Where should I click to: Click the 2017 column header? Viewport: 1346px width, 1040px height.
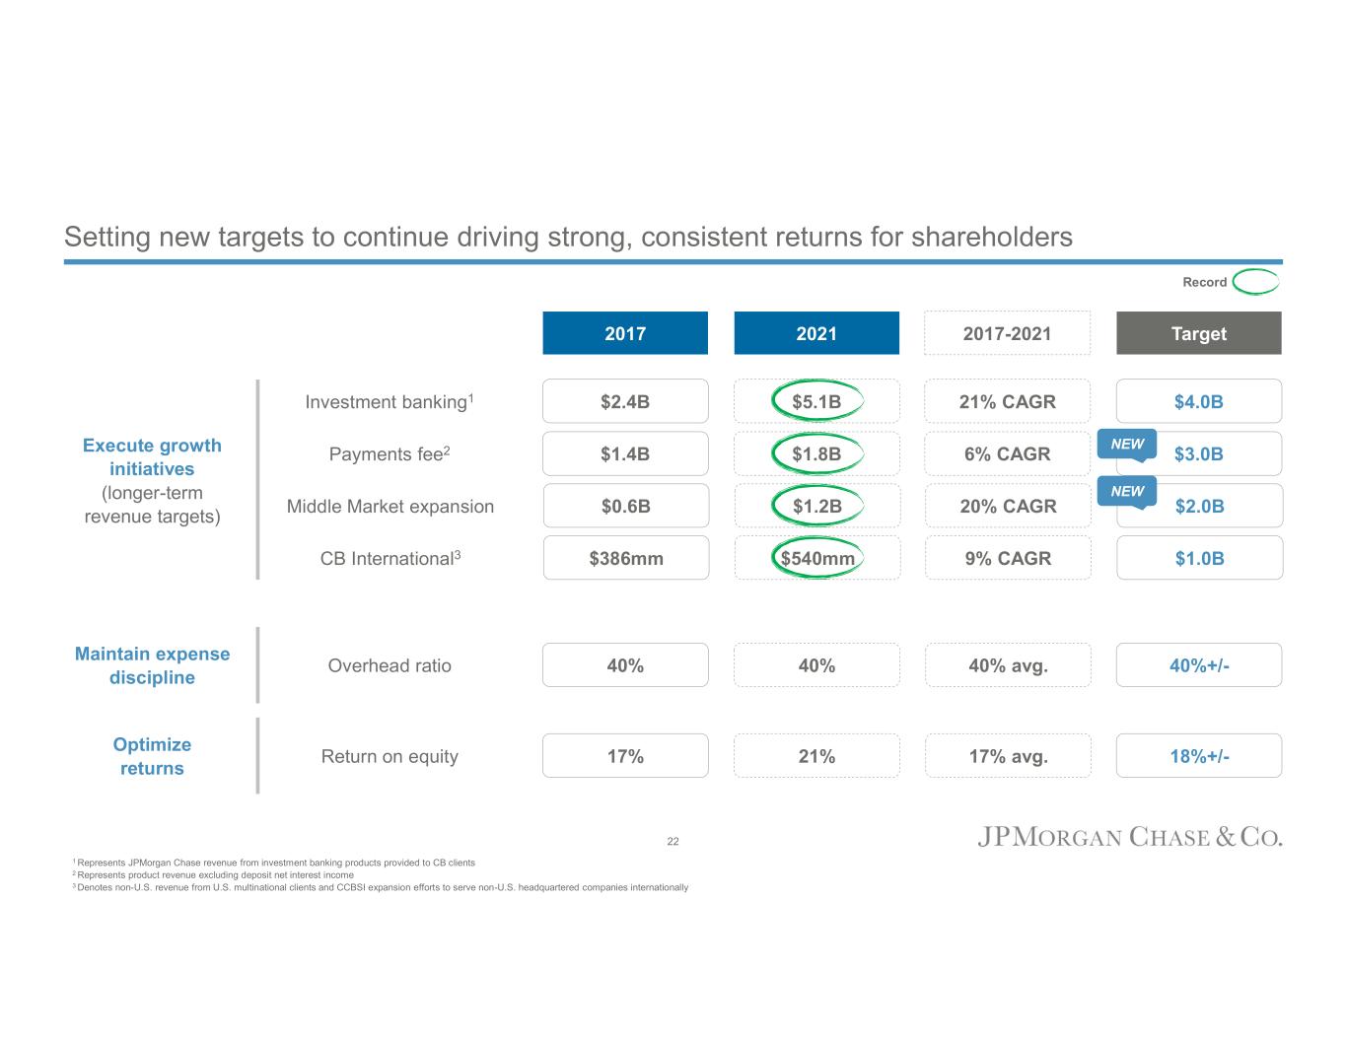tap(625, 333)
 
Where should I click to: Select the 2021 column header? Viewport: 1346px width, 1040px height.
tap(816, 333)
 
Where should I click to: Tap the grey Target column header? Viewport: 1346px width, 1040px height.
tap(1198, 333)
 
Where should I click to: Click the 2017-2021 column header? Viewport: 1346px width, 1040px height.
tap(1007, 333)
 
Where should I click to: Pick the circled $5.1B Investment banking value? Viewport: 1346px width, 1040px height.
tap(816, 401)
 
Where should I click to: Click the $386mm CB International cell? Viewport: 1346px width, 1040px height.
tap(625, 558)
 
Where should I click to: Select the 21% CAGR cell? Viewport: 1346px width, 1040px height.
tap(1007, 401)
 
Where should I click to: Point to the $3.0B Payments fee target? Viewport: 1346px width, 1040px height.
tap(1199, 454)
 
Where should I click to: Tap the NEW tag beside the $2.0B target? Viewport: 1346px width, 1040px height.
tap(1127, 491)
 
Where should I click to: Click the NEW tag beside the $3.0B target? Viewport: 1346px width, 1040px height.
tap(1127, 445)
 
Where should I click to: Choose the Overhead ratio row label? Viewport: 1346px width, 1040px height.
tap(390, 665)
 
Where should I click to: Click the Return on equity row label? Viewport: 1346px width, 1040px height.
tap(390, 756)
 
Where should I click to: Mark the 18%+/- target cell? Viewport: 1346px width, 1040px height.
tap(1198, 756)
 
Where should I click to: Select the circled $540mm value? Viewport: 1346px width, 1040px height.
tap(816, 558)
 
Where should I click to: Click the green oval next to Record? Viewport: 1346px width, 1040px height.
tap(1255, 282)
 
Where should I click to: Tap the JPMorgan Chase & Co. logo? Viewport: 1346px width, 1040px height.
tap(1129, 838)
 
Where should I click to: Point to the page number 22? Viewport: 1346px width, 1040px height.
tap(673, 841)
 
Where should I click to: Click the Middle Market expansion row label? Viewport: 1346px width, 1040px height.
tap(390, 507)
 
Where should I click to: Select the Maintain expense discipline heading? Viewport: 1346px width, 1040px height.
tap(152, 665)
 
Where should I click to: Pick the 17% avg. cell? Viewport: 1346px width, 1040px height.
tap(1007, 756)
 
